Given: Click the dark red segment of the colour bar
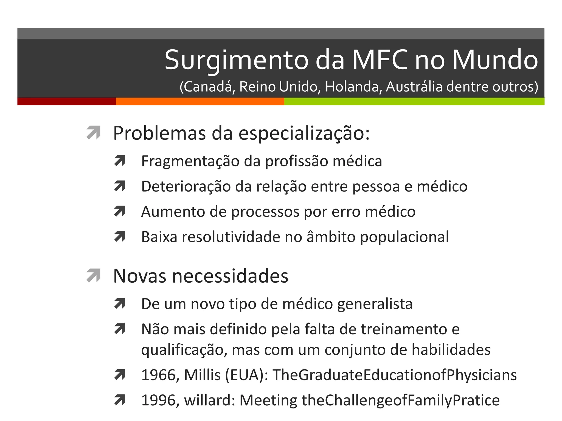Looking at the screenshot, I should click(66, 101).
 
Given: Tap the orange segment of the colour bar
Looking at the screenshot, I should click(200, 101).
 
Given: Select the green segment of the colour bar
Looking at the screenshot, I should click(414, 101).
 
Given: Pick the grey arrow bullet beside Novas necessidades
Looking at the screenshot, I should click(93, 275).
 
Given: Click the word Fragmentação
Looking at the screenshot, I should click(190, 161).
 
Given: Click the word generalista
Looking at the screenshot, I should click(375, 304).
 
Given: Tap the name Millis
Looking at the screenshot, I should click(202, 375).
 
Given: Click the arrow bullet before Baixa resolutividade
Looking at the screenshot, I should click(120, 237).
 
